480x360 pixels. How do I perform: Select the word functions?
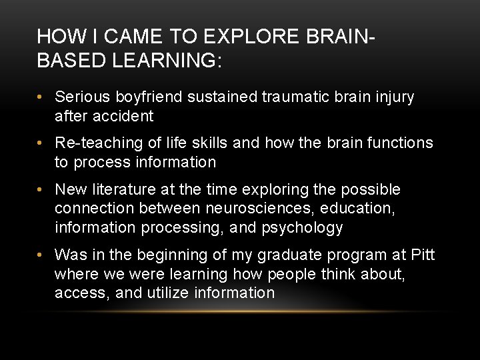(x=399, y=143)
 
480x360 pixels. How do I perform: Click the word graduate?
(x=297, y=255)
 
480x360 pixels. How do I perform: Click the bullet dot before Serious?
(x=41, y=98)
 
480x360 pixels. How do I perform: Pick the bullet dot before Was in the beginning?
(x=41, y=255)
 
